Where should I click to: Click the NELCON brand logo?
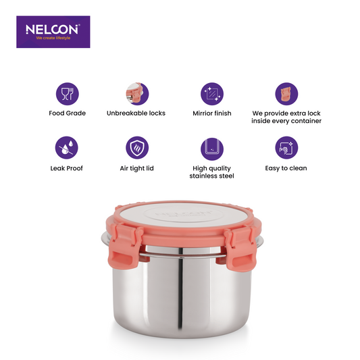[53, 29]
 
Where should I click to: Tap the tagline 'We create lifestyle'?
[53, 38]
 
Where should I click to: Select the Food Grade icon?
[67, 93]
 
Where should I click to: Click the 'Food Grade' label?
[67, 113]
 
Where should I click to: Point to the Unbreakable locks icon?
[136, 93]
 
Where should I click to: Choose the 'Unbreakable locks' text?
[136, 113]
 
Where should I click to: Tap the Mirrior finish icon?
[211, 93]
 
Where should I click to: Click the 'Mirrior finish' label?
[211, 113]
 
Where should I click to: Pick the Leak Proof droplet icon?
[67, 147]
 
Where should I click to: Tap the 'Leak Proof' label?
[67, 168]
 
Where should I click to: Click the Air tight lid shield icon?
[136, 147]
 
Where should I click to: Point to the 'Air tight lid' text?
[136, 168]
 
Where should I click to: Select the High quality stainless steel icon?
[211, 147]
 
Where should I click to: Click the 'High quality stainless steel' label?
[211, 172]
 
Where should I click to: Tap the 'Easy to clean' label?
[286, 168]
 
